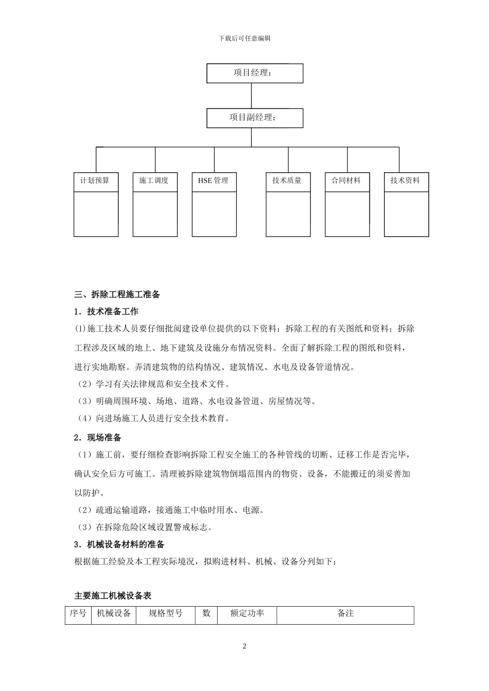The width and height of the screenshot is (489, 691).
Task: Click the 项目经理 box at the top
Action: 254,73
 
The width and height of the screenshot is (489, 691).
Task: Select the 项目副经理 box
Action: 254,118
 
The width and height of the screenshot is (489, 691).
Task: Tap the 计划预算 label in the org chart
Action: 95,180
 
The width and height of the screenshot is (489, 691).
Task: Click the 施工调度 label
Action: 154,180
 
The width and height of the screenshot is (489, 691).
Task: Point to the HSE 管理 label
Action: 213,180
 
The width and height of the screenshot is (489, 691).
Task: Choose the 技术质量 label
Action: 287,180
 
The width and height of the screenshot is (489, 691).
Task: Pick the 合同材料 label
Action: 346,180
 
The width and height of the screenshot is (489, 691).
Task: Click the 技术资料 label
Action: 406,180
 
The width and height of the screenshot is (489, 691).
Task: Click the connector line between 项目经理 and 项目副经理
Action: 251,96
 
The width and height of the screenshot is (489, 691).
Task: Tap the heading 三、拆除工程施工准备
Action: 117,295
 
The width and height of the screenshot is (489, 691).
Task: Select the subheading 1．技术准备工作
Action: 107,312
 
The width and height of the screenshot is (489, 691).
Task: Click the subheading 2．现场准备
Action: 98,438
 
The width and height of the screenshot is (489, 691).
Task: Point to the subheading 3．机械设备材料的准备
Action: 119,544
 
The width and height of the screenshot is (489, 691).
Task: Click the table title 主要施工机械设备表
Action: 113,596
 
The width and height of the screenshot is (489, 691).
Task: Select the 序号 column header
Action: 78,613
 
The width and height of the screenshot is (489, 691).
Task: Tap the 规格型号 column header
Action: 165,613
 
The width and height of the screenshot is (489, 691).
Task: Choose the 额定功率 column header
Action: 247,613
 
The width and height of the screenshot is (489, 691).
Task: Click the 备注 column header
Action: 345,613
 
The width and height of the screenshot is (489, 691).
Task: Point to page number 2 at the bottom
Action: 244,646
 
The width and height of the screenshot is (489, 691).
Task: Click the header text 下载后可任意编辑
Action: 244,39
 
